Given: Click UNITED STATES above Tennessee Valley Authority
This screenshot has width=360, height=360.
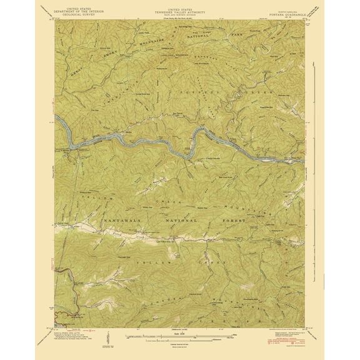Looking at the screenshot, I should click(179, 5).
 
